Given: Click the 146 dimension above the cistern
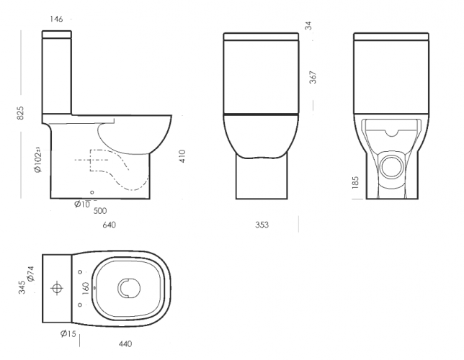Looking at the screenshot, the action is pyautogui.click(x=56, y=19).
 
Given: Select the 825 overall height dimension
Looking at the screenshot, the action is pyautogui.click(x=20, y=113).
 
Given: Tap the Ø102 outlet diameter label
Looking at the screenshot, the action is pyautogui.click(x=38, y=159).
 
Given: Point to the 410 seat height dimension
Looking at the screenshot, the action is pyautogui.click(x=182, y=156).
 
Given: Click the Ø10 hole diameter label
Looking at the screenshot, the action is pyautogui.click(x=82, y=204).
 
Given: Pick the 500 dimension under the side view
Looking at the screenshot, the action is pyautogui.click(x=100, y=211).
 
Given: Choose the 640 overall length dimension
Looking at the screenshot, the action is pyautogui.click(x=110, y=225).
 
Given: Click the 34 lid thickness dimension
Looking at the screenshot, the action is pyautogui.click(x=308, y=26).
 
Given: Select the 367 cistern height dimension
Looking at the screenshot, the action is pyautogui.click(x=313, y=77).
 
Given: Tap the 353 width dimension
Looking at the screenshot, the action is pyautogui.click(x=262, y=225).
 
